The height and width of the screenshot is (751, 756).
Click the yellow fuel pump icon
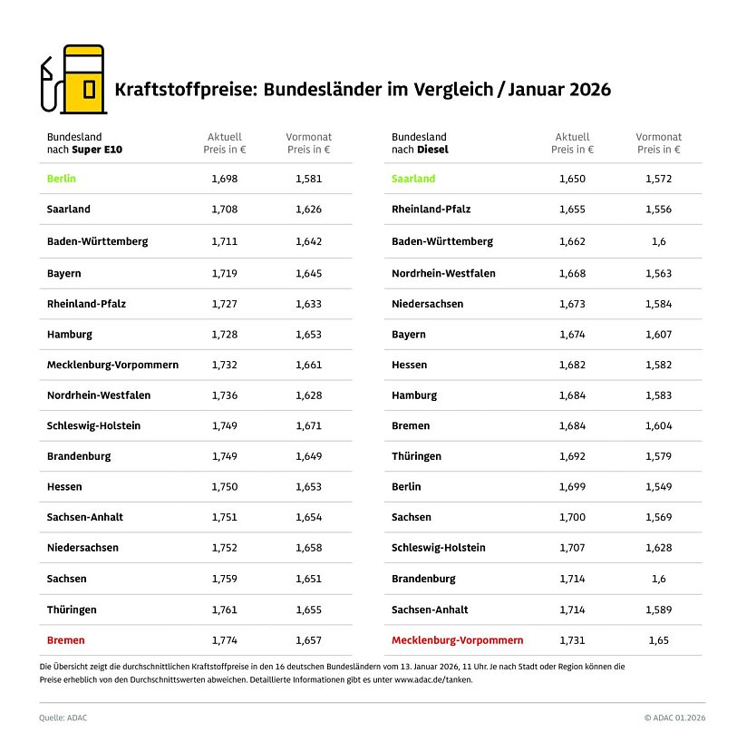pos(81,80)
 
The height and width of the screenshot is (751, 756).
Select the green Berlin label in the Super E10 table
pos(62,179)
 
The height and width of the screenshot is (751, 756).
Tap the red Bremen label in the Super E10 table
pos(66,640)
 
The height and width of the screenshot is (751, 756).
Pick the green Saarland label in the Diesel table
pos(413,179)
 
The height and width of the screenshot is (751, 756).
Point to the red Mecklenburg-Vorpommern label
pos(457,640)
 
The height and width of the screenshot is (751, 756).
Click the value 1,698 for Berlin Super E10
pos(225,179)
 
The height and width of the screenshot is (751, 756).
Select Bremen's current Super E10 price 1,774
pos(225,640)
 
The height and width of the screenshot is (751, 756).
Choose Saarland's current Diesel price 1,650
pos(572,179)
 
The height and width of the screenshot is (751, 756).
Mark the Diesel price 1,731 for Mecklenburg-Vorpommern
pos(572,640)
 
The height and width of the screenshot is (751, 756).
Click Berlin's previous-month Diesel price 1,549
pos(658,487)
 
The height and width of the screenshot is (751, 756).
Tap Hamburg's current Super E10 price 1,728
pos(225,335)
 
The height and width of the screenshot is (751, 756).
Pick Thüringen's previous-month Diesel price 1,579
pos(658,456)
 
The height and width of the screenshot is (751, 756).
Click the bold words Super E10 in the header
pos(116,150)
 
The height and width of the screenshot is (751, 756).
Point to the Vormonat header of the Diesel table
pos(658,137)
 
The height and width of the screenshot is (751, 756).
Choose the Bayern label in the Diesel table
pos(408,335)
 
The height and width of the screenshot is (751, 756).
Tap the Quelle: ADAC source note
pos(63,717)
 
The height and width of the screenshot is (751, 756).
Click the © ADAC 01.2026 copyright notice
pos(674,717)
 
